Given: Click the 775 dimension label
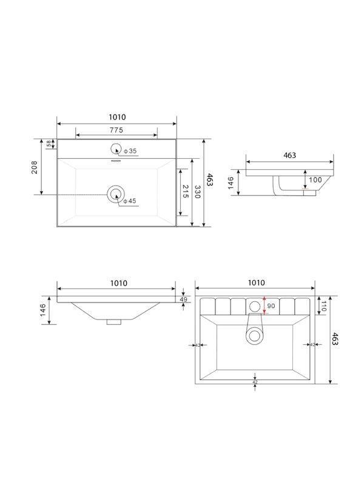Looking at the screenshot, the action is coord(116,130).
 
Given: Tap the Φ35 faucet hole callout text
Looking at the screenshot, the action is coord(130,151).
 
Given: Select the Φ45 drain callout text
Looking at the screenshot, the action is coord(130,201).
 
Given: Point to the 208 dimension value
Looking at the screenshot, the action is coord(35,167).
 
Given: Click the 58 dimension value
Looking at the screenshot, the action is coord(49,144).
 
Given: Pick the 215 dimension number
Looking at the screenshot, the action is coord(185,192).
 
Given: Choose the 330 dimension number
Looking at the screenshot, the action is coord(197,192).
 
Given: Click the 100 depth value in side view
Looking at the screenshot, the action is coord(315,179).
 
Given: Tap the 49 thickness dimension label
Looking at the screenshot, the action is coord(184,299).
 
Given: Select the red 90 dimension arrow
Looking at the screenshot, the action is coord(264,306).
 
